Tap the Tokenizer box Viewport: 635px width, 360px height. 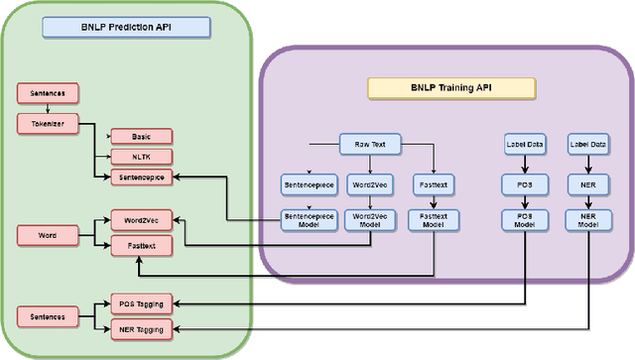pos(48,123)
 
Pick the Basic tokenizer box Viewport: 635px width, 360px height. pos(139,136)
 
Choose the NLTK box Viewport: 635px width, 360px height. pos(139,156)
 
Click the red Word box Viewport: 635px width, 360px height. pos(48,236)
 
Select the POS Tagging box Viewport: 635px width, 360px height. pos(139,304)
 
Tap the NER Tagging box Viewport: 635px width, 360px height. pos(139,327)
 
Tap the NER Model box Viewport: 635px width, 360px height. pos(586,220)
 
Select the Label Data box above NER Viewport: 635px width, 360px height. pos(586,143)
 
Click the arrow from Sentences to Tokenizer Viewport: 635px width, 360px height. pos(48,109)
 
